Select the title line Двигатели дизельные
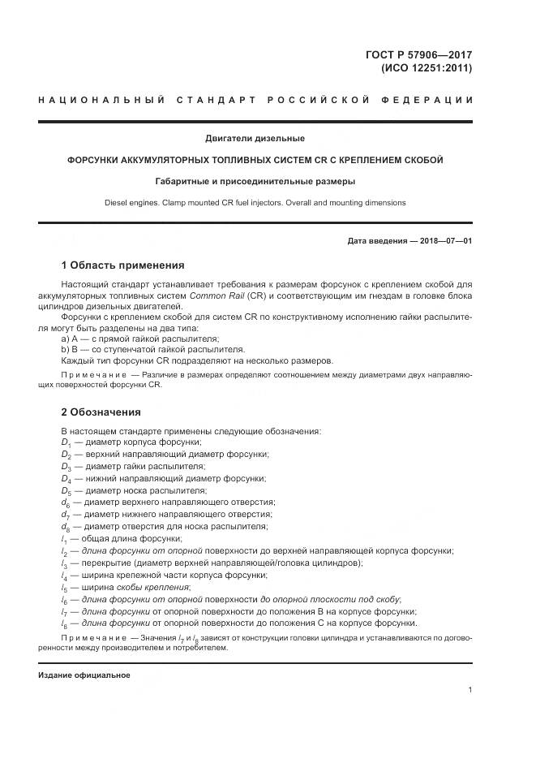255,138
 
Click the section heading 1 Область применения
122,265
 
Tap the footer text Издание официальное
84,675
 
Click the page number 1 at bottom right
470,690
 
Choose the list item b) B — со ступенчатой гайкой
135,349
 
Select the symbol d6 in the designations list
66,503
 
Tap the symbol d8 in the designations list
66,527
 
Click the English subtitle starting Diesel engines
255,203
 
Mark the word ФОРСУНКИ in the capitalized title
96,160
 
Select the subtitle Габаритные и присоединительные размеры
255,182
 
